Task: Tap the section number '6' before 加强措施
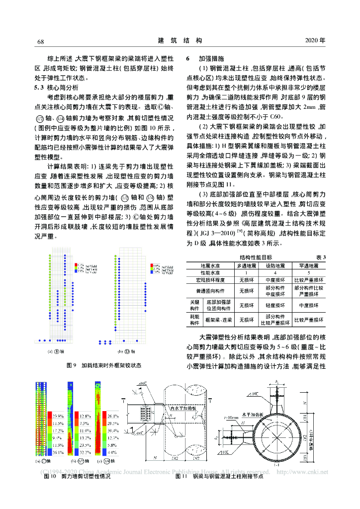point(188,58)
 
